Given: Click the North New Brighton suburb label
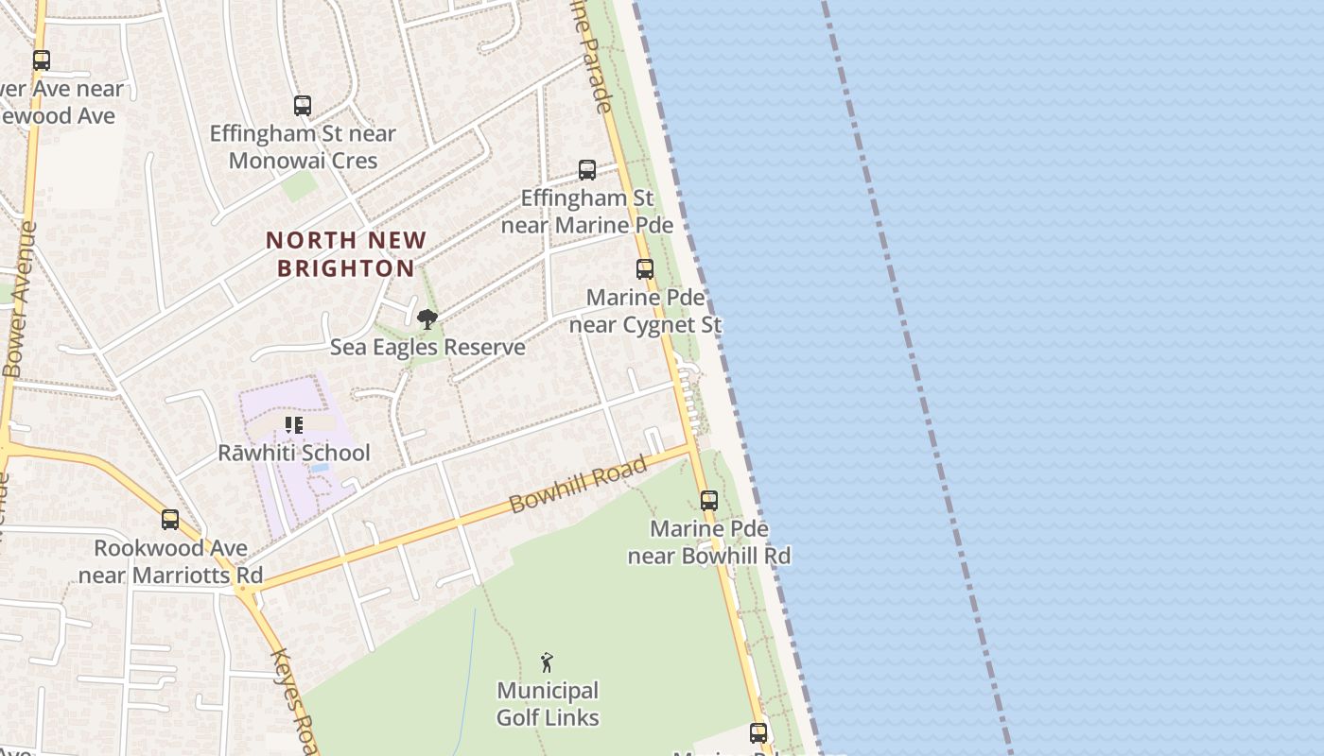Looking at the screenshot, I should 346,254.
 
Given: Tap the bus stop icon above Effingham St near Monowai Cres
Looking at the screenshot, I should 303,106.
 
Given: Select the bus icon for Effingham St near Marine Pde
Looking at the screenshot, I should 587,170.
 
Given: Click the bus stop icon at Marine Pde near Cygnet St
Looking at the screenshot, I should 645,269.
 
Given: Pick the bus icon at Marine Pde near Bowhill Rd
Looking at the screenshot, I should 709,501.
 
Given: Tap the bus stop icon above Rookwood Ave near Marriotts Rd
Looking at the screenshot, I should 170,520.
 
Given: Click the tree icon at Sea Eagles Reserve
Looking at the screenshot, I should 427,319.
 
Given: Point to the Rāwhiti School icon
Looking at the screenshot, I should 294,426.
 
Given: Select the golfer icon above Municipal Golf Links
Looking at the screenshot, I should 547,662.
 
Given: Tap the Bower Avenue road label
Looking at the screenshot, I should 20,300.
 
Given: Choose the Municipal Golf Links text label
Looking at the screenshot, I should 548,704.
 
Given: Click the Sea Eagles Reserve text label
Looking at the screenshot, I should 427,347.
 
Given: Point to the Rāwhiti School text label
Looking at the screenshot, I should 294,453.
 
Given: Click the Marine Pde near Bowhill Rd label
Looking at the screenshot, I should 709,541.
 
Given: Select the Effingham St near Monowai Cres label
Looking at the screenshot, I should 303,146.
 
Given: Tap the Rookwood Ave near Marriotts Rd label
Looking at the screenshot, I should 170,561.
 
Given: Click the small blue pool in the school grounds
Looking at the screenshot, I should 320,468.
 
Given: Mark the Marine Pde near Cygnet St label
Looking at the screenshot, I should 645,311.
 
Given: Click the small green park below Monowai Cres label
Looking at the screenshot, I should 300,185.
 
